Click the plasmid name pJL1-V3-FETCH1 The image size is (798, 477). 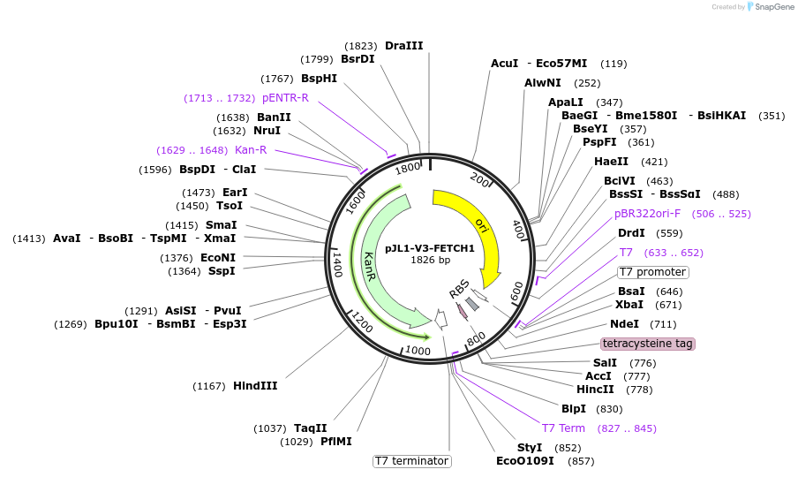pos(430,248)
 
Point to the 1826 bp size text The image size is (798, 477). pos(430,260)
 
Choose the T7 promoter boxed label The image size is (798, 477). pos(652,272)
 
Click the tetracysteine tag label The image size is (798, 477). pos(647,344)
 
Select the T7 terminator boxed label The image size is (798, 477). pos(411,461)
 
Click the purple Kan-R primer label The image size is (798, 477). pos(251,150)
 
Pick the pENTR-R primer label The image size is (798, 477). pos(285,98)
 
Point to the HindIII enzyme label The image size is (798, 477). pos(255,386)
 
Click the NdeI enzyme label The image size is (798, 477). pos(624,324)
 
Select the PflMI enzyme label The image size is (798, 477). pos(335,442)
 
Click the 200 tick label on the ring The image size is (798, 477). pos(479,179)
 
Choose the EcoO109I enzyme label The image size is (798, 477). pos(524,461)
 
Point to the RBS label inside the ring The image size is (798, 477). pos(459,288)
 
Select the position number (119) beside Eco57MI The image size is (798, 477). pos(614,64)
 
